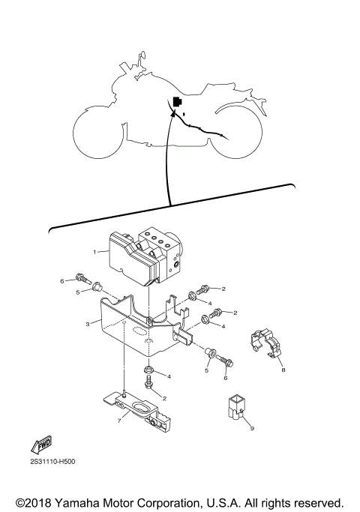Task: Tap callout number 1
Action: click(95, 253)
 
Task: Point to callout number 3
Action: click(88, 324)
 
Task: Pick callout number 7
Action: click(118, 421)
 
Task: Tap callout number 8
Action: click(283, 369)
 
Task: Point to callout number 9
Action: click(252, 428)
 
